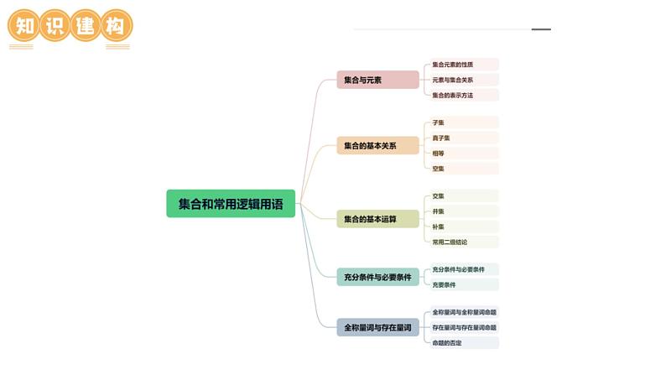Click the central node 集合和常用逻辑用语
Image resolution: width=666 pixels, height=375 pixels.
[231, 204]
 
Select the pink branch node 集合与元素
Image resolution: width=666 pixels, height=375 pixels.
[377, 80]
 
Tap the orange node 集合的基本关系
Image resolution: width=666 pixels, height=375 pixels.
[377, 146]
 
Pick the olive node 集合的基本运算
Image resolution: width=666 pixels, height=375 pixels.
[377, 219]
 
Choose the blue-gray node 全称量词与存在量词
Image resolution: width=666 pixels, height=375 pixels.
[377, 327]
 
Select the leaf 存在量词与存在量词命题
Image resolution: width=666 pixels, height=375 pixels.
[464, 327]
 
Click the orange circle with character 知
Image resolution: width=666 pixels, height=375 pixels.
[24, 26]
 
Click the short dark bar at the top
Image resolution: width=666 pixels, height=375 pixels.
[541, 29]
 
